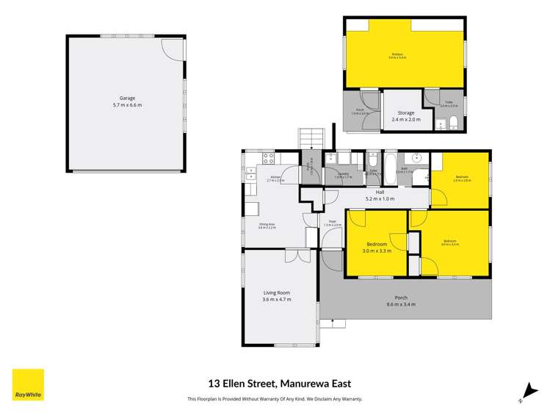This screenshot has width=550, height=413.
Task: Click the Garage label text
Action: [x=127, y=101]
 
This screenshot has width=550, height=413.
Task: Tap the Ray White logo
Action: [x=28, y=384]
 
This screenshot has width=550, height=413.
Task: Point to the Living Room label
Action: [x=277, y=296]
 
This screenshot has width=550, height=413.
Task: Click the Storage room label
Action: [x=406, y=116]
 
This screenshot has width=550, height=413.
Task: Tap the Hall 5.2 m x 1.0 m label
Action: [x=380, y=195]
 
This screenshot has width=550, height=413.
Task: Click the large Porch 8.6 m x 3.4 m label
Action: [x=401, y=301]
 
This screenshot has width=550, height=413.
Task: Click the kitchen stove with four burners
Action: [x=269, y=157]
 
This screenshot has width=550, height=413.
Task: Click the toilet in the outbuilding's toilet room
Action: [x=453, y=121]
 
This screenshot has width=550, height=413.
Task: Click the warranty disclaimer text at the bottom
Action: [x=275, y=399]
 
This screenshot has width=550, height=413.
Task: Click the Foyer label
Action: [x=332, y=223]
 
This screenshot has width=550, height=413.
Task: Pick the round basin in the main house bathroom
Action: [x=417, y=157]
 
